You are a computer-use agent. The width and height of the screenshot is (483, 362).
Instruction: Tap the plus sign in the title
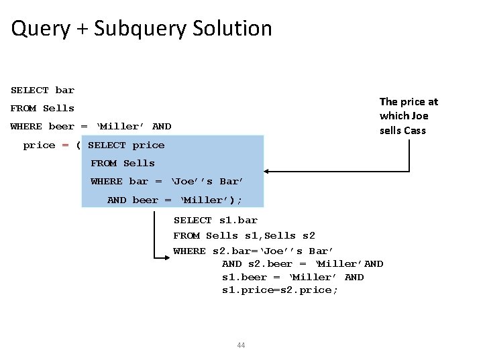point(82,29)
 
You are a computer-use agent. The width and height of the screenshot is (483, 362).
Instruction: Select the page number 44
point(241,345)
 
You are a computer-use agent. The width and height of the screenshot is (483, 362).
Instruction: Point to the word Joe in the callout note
point(421,116)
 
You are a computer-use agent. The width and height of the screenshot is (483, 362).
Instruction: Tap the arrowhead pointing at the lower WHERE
point(169,257)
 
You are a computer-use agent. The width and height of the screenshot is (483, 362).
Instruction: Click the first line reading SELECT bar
point(42,90)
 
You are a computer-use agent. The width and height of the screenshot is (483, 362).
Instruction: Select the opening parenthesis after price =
point(78,145)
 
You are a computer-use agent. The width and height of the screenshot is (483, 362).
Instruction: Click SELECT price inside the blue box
point(126,145)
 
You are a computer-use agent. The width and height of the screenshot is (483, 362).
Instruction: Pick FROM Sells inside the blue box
point(123,164)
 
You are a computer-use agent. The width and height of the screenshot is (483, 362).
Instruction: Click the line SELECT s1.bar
point(215,221)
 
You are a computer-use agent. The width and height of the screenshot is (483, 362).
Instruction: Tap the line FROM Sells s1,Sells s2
point(244,236)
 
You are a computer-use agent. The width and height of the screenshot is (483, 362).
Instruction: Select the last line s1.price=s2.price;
point(280,290)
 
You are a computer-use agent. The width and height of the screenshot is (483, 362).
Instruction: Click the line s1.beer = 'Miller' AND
point(292,278)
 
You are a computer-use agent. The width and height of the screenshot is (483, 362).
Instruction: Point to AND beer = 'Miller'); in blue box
point(174,200)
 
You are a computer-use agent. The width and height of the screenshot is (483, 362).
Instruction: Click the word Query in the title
point(40,29)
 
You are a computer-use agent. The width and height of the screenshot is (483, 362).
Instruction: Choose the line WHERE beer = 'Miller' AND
point(91,127)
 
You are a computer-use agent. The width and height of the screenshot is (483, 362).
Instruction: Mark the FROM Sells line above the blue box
point(42,109)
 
